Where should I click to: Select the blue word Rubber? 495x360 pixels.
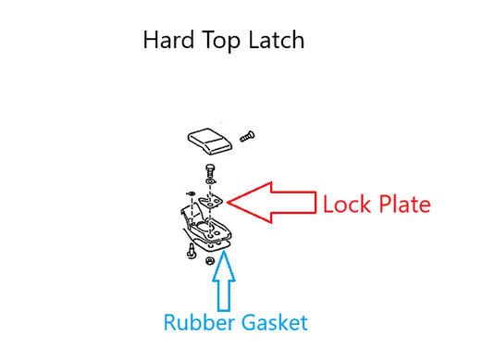[201, 323]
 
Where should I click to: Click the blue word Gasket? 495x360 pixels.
[274, 324]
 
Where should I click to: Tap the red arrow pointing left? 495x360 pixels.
[269, 199]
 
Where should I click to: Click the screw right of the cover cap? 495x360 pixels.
[246, 136]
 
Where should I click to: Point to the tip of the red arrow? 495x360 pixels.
[228, 199]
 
